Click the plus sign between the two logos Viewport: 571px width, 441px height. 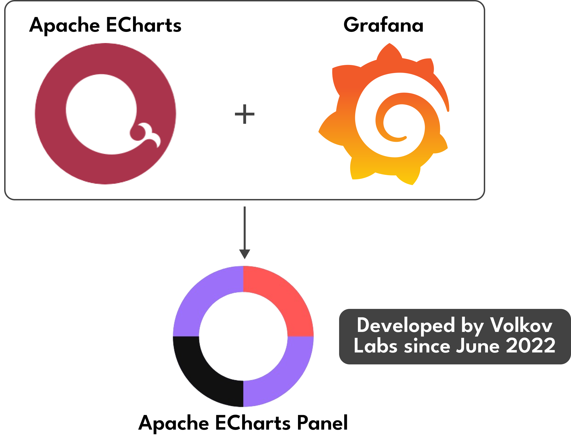click(244, 114)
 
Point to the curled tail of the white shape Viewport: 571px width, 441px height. click(150, 135)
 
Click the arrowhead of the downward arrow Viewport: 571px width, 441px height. click(244, 254)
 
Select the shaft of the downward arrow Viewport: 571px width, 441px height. click(244, 228)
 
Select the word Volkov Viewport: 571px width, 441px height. click(521, 325)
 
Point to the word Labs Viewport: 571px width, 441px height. click(375, 346)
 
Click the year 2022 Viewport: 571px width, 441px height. click(530, 346)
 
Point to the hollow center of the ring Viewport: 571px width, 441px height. click(243, 336)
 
